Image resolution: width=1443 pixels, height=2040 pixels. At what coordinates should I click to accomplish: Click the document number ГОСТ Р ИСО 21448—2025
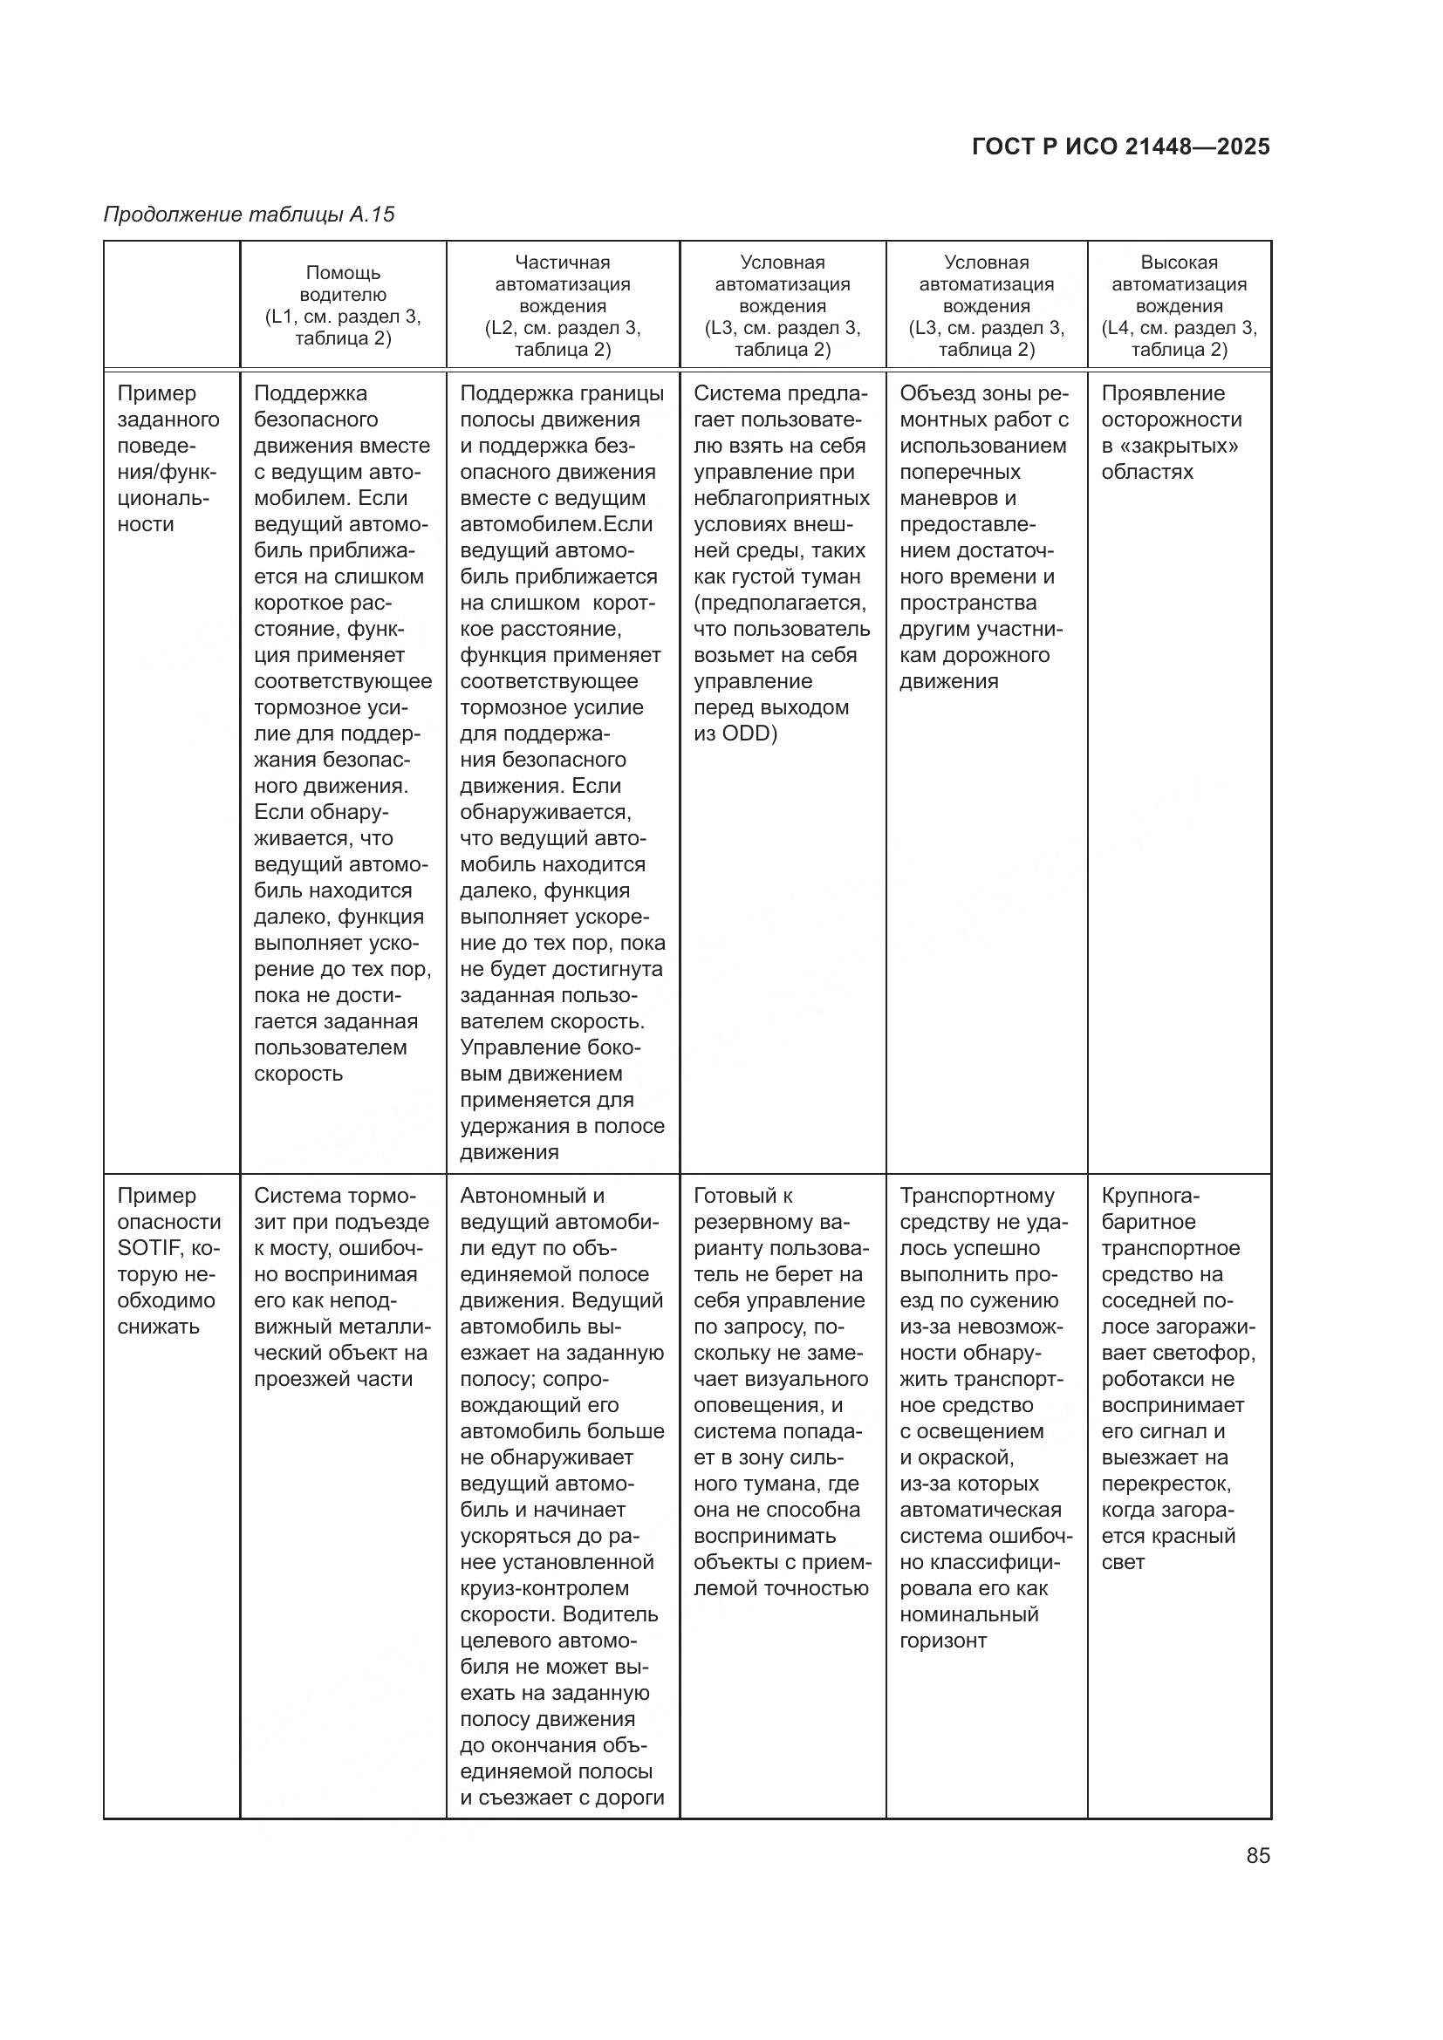pos(1120,147)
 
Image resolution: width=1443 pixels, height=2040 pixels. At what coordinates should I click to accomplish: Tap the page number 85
pos(1257,1855)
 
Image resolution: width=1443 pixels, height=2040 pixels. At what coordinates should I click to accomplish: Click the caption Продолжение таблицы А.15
pos(249,215)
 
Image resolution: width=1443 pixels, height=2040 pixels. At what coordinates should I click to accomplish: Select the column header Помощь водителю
pos(343,304)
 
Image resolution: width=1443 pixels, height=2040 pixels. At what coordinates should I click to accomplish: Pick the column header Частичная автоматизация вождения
pos(563,304)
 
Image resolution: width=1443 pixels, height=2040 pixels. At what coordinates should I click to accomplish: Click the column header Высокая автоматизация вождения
pos(1180,304)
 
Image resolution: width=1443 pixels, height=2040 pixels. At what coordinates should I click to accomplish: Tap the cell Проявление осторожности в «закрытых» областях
pos(1170,433)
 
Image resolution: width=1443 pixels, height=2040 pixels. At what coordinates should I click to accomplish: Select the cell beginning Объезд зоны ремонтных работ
pos(984,536)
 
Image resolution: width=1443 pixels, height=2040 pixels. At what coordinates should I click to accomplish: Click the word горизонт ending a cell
pos(943,1641)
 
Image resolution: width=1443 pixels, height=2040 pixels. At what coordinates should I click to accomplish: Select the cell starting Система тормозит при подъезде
pos(342,1287)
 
